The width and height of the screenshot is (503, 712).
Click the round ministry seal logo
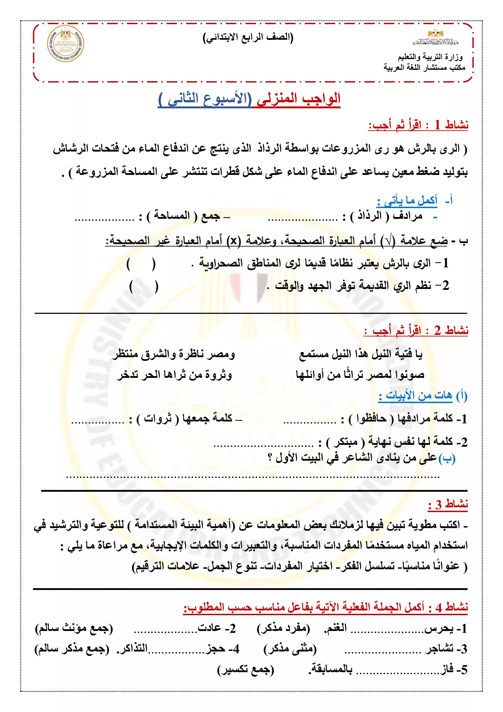[65, 44]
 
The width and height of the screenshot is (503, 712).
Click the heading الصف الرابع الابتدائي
[248, 38]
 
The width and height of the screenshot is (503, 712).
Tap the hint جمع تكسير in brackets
[246, 670]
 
